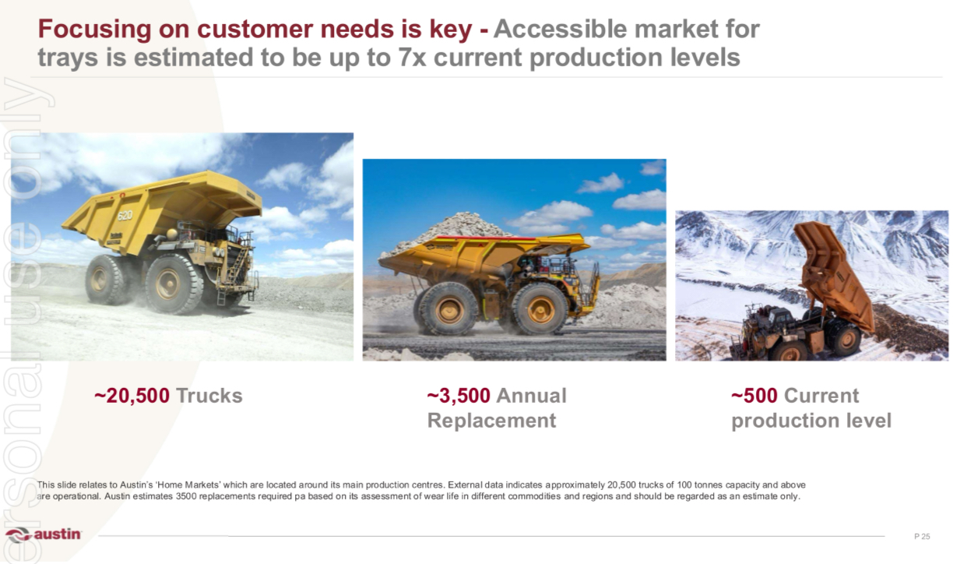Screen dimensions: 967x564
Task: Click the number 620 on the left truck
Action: [125, 216]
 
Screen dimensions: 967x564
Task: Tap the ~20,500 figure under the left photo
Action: [132, 396]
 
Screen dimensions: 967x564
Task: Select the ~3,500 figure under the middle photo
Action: [459, 396]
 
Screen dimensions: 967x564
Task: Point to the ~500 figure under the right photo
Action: [754, 396]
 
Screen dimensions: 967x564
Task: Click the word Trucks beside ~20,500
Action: [209, 396]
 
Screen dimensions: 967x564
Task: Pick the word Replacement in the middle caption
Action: [492, 421]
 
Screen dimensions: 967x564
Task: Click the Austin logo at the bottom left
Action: [43, 534]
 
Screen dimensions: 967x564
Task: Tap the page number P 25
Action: [922, 537]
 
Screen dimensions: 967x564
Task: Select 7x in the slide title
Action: [412, 58]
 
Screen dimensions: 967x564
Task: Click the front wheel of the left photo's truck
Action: [173, 284]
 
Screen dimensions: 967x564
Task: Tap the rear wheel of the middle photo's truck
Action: [448, 309]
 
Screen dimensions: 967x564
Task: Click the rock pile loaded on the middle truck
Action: [449, 232]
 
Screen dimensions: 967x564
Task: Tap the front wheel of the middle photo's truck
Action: [540, 308]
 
